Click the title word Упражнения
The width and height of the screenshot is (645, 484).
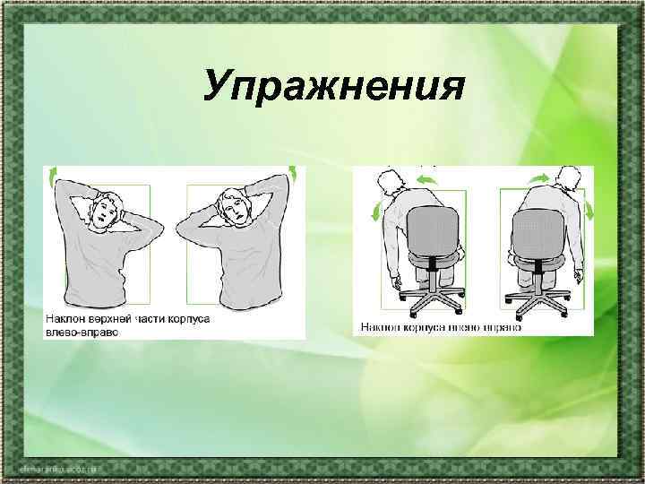[x=333, y=88]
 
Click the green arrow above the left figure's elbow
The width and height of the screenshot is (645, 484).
[x=55, y=173]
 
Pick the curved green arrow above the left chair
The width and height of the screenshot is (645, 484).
[x=427, y=181]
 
